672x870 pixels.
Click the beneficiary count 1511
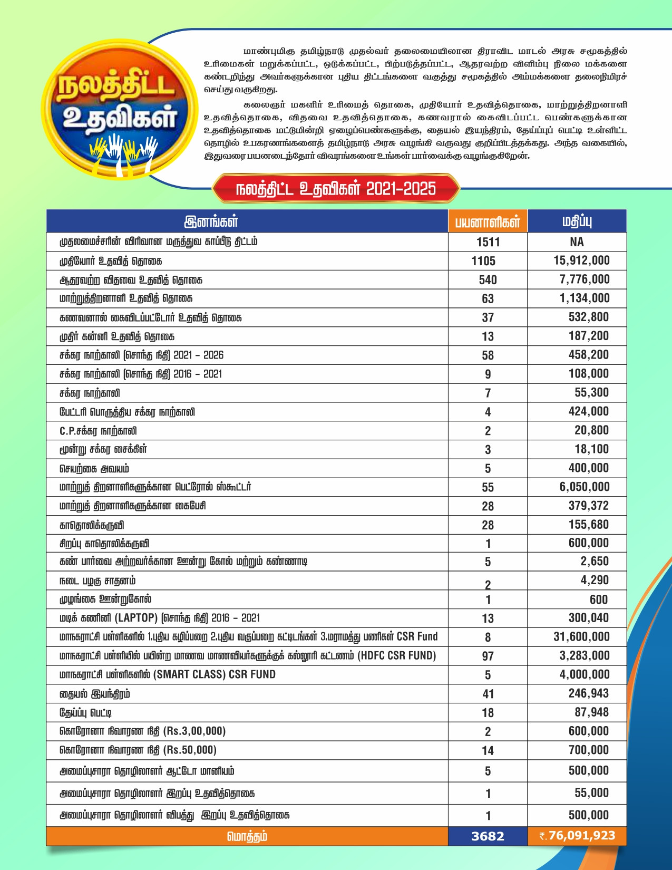488,242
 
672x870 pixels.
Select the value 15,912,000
581,260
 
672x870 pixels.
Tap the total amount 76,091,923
581,836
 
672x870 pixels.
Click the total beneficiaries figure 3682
488,836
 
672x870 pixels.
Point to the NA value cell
577,242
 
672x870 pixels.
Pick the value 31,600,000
581,637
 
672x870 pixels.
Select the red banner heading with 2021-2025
336,188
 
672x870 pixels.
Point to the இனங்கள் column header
211,221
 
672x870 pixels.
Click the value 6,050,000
584,487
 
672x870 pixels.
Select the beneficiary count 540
488,280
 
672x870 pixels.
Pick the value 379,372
588,506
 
